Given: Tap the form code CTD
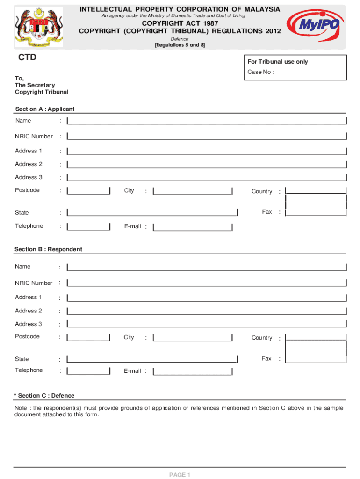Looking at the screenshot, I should click(27, 58).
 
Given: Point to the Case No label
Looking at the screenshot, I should click(260, 72).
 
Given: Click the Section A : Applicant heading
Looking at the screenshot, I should click(44, 109).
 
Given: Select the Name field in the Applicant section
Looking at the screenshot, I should click(206, 121).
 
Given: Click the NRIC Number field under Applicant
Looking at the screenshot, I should click(206, 137).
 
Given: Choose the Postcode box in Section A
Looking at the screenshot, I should click(88, 191).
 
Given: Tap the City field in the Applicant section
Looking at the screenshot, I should click(193, 191).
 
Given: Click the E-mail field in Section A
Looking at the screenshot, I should click(193, 227).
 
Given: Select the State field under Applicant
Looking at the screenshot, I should click(152, 213).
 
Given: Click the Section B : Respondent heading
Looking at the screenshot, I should click(48, 249).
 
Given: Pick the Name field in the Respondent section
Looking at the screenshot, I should click(206, 267).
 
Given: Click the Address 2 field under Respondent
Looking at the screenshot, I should click(206, 311).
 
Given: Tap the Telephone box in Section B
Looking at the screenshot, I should click(88, 371).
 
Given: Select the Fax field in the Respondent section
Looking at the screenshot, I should click(316, 359).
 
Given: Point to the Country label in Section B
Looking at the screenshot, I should click(261, 338).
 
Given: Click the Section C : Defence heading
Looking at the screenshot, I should click(44, 396).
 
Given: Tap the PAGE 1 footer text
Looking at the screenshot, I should click(180, 475).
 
